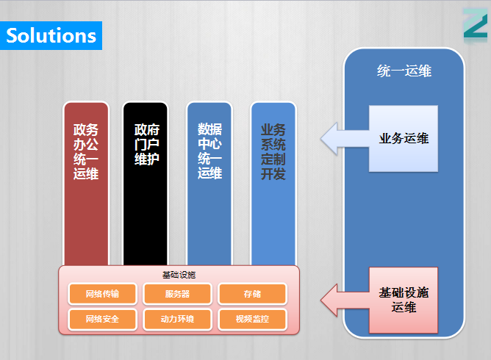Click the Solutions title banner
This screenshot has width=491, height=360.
51,35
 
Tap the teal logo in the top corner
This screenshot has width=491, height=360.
476,24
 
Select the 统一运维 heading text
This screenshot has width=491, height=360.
404,71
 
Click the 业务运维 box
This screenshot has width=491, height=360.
404,138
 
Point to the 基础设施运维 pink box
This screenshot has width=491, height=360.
404,300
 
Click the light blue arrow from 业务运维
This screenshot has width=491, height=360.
345,138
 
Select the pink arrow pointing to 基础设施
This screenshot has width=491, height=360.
345,300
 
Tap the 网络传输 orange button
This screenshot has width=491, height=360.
102,294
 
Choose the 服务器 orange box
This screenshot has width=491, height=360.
177,294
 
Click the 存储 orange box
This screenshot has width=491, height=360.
252,294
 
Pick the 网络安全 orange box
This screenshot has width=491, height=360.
102,319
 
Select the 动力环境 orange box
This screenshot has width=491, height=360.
177,319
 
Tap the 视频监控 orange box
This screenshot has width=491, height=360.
252,319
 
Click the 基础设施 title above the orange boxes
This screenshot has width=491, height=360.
179,275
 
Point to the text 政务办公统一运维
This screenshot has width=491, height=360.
86,151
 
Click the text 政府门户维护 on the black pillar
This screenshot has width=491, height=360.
147,144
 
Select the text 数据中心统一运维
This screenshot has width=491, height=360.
209,151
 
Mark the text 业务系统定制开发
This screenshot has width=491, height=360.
273,151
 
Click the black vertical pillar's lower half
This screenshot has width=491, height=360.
146,225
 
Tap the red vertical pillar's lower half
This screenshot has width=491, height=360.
86,225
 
